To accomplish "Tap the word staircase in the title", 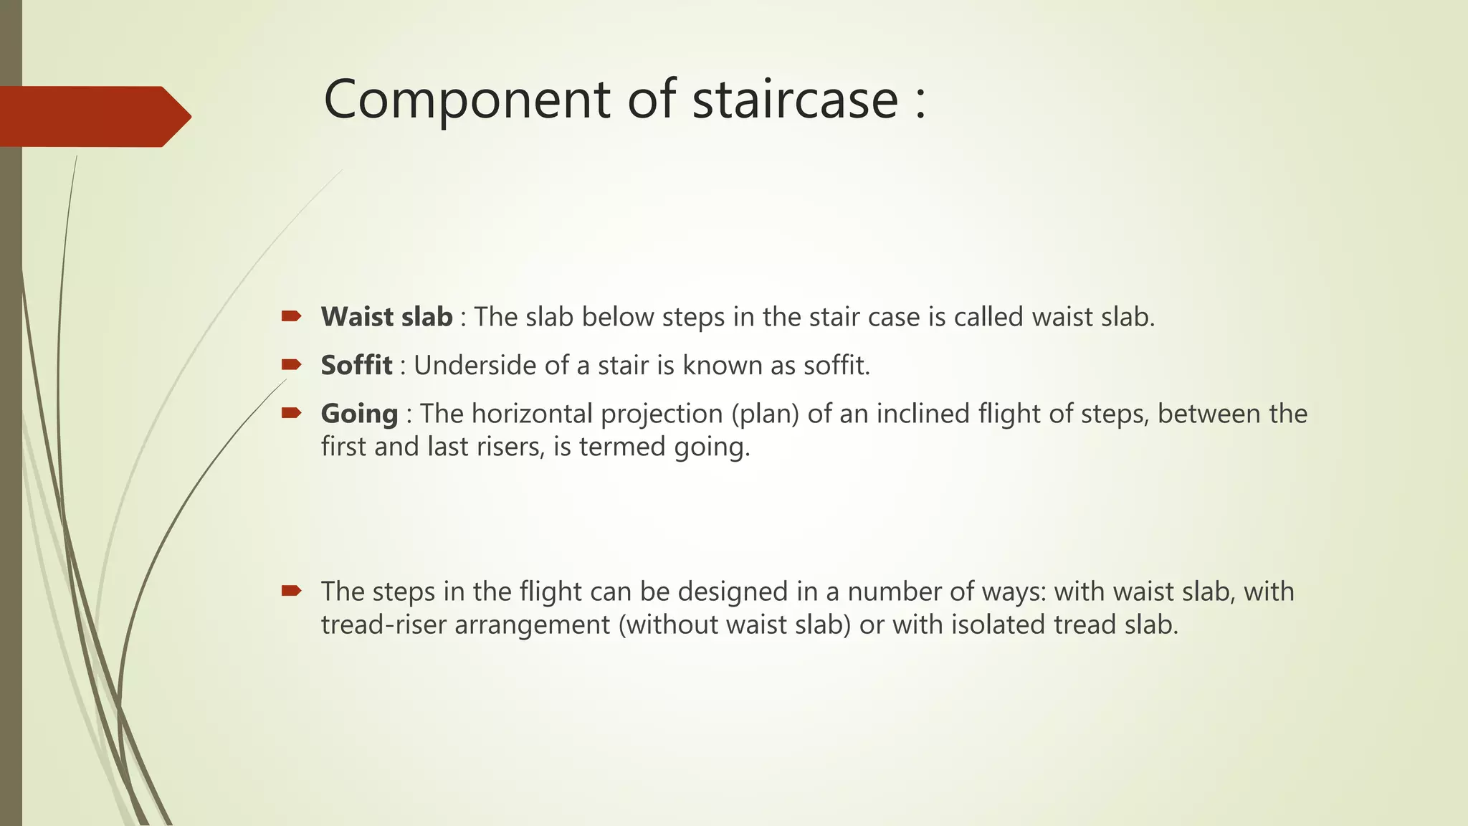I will pyautogui.click(x=795, y=99).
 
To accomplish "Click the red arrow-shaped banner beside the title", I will pyautogui.click(x=93, y=116).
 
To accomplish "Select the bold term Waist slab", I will pyautogui.click(x=386, y=317).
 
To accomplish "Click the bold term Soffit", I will pyautogui.click(x=356, y=366).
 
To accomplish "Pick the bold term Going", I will pyautogui.click(x=359, y=414).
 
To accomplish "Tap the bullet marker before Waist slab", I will pyautogui.click(x=291, y=316).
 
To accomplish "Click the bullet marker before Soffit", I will pyautogui.click(x=291, y=365).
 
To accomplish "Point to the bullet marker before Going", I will pyautogui.click(x=291, y=413).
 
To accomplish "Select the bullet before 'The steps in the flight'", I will pyautogui.click(x=291, y=591).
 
